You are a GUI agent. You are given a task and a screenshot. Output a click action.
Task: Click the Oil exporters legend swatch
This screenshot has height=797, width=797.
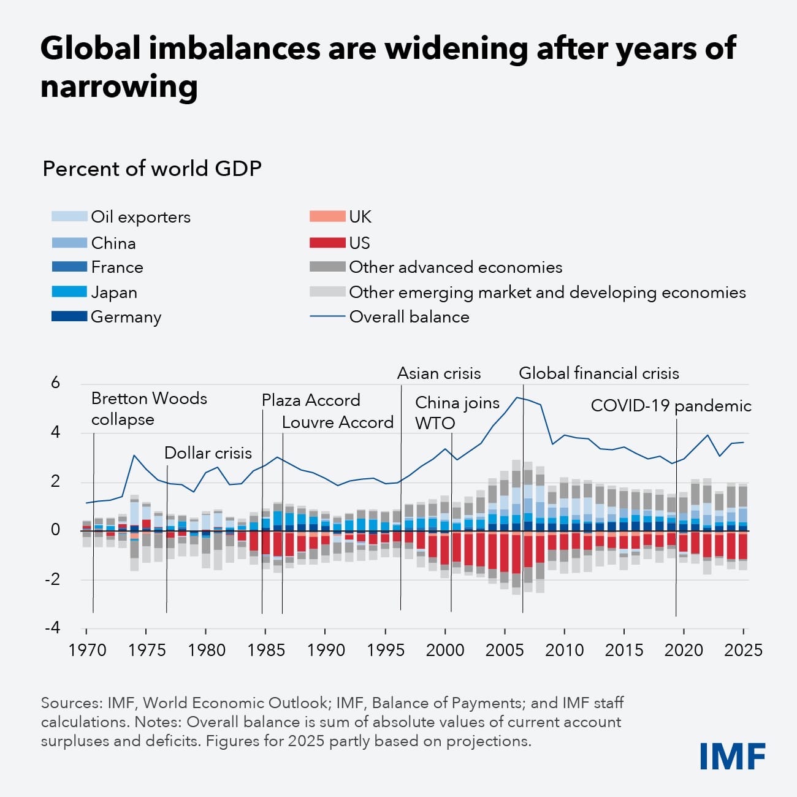point(69,216)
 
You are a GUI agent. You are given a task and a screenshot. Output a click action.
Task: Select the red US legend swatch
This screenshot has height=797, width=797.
point(327,243)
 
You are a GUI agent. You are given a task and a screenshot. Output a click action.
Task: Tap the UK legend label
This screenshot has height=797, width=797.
point(360,216)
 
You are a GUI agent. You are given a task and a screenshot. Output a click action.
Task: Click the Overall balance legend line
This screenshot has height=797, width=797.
point(327,317)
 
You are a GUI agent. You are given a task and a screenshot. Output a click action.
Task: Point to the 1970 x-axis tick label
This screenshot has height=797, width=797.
point(87,650)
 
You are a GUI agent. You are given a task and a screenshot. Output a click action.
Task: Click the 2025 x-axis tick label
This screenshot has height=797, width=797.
point(743,650)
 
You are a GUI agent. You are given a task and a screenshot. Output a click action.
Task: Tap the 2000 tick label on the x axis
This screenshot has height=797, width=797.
point(445,650)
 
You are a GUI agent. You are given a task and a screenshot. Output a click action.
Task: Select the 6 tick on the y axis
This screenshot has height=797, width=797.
point(56,383)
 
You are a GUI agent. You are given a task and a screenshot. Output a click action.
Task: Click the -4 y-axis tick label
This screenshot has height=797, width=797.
point(53,627)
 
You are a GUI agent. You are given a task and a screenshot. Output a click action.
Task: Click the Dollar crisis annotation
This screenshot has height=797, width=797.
point(208,453)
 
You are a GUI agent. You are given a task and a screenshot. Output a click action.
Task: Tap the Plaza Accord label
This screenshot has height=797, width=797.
point(311,400)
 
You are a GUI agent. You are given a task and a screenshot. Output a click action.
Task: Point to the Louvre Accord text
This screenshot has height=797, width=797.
point(337,422)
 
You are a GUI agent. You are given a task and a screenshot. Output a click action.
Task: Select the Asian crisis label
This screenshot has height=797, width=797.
point(439,373)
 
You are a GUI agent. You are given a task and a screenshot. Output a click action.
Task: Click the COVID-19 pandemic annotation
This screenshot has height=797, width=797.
point(671,406)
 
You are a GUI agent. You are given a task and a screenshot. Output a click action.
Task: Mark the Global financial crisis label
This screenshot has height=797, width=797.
point(599,373)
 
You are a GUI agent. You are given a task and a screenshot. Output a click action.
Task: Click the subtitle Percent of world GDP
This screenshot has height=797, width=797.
point(152,169)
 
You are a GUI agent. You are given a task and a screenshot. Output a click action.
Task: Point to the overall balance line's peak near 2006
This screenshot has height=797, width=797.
point(517,397)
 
